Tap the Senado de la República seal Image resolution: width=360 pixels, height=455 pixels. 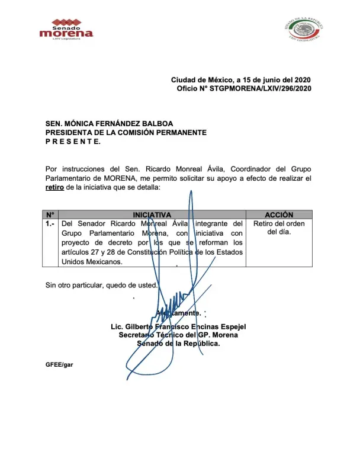pyautogui.click(x=304, y=29)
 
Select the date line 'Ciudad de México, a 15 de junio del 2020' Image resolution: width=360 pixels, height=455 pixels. pyautogui.click(x=241, y=80)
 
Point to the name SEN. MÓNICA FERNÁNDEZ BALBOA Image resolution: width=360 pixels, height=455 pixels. pyautogui.click(x=110, y=124)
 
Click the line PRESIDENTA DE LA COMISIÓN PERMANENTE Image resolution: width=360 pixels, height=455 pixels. pyautogui.click(x=126, y=133)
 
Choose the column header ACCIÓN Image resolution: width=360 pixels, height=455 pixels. pyautogui.click(x=279, y=214)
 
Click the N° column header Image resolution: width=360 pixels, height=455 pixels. pyautogui.click(x=50, y=214)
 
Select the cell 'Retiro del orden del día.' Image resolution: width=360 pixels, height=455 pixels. pyautogui.click(x=279, y=228)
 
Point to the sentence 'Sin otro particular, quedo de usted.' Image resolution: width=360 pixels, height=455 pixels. pyautogui.click(x=102, y=286)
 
